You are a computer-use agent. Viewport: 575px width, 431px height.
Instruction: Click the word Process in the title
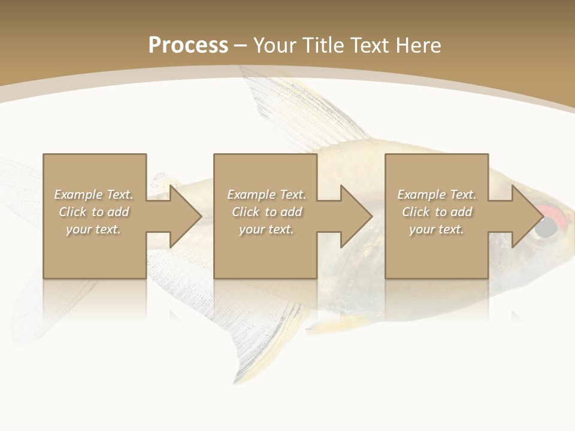click(188, 45)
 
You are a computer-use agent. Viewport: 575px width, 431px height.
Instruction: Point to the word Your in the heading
click(274, 45)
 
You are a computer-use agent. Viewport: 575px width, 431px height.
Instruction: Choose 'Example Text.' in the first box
click(93, 195)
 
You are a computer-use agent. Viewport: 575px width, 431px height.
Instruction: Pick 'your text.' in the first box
click(93, 229)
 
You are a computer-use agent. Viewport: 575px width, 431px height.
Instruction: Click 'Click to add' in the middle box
click(267, 212)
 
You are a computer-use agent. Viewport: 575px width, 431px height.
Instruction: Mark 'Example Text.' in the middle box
click(267, 195)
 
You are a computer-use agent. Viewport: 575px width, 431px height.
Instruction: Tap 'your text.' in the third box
click(437, 229)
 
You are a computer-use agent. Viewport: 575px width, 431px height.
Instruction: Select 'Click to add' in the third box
click(437, 212)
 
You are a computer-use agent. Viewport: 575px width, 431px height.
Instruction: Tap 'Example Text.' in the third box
click(437, 195)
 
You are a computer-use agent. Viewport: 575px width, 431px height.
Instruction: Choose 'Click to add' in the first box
click(93, 212)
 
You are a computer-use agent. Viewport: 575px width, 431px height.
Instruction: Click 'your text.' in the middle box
click(267, 229)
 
